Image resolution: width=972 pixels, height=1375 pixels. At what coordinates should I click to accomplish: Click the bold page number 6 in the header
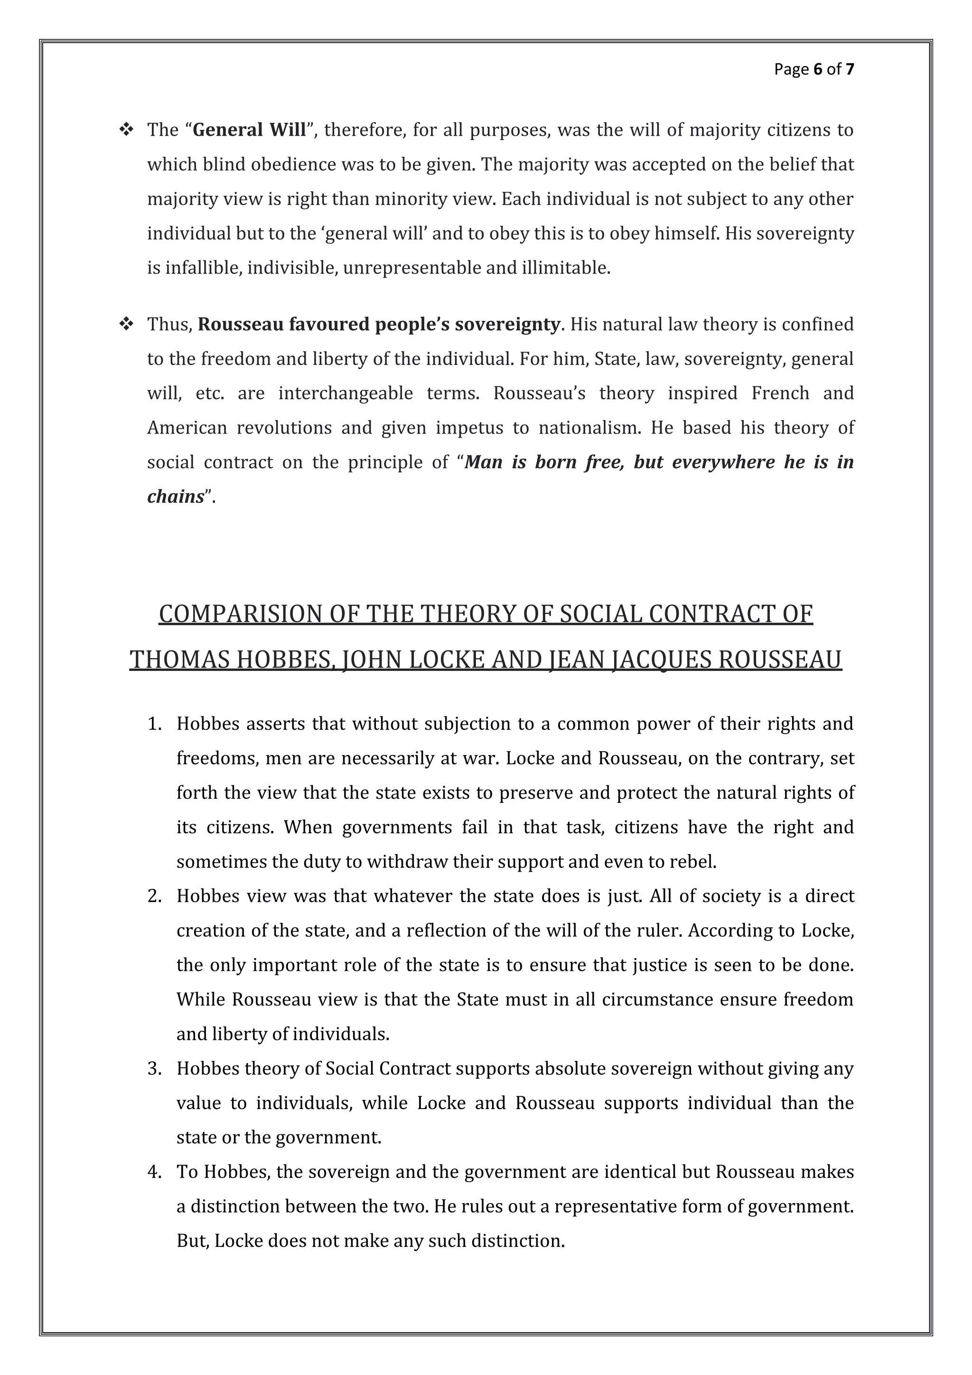(818, 69)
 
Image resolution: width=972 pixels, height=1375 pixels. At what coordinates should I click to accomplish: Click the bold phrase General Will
(250, 130)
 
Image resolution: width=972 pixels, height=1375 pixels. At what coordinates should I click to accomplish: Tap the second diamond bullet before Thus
(126, 324)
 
